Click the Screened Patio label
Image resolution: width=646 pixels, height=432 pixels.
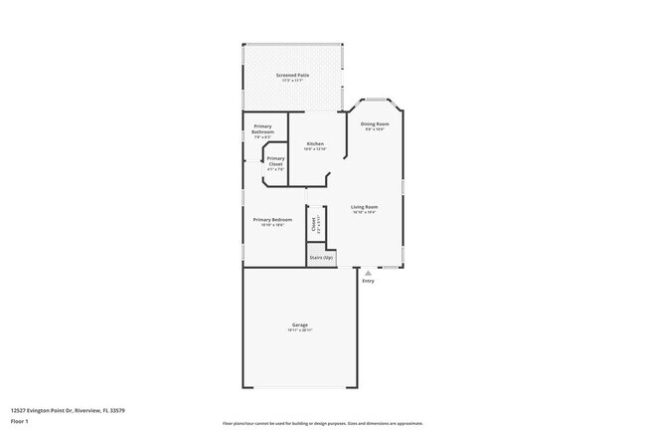click(x=292, y=75)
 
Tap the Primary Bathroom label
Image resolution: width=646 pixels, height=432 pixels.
click(x=262, y=127)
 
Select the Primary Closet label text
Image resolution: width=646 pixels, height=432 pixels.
click(x=275, y=160)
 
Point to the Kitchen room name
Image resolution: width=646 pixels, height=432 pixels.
click(x=315, y=144)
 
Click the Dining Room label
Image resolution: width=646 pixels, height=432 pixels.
click(x=373, y=123)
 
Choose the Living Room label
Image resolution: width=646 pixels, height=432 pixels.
click(x=364, y=206)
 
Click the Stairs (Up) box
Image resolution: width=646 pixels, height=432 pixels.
click(x=321, y=257)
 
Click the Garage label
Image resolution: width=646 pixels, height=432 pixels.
click(x=299, y=325)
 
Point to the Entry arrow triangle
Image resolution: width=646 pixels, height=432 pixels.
click(x=369, y=272)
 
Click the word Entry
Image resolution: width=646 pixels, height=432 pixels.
click(x=369, y=281)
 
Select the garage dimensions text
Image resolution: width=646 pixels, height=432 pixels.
click(x=299, y=331)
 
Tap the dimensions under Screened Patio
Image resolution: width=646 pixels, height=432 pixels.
click(x=292, y=81)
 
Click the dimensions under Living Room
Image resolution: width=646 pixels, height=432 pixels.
click(x=364, y=212)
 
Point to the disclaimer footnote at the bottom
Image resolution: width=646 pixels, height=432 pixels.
click(x=322, y=423)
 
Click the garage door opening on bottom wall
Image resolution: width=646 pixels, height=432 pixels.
click(x=299, y=386)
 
